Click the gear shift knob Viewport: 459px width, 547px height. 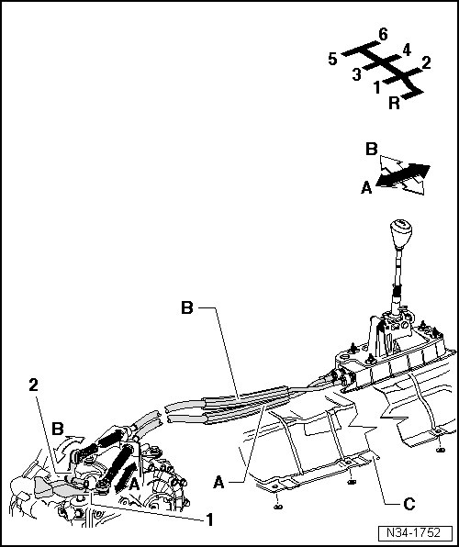pyautogui.click(x=401, y=234)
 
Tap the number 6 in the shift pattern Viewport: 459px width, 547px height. pyautogui.click(x=383, y=35)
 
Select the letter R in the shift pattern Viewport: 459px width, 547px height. pyautogui.click(x=394, y=104)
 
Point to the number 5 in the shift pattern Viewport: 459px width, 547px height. pyautogui.click(x=332, y=59)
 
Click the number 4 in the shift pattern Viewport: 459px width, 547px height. pyautogui.click(x=407, y=50)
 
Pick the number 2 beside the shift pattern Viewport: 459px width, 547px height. pyautogui.click(x=426, y=62)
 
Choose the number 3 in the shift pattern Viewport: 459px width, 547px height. pyautogui.click(x=356, y=74)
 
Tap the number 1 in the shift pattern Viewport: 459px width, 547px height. pyautogui.click(x=377, y=87)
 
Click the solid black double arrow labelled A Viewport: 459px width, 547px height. pyautogui.click(x=402, y=175)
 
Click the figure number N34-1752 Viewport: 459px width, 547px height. pyautogui.click(x=414, y=532)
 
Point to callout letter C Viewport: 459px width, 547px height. pyautogui.click(x=409, y=504)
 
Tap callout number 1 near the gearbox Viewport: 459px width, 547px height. pyautogui.click(x=209, y=519)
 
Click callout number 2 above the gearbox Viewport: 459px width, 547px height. pyautogui.click(x=34, y=385)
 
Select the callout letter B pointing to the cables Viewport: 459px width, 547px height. pyautogui.click(x=187, y=307)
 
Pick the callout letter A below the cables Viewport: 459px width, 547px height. pyautogui.click(x=218, y=483)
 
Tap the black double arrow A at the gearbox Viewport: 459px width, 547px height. pyautogui.click(x=126, y=477)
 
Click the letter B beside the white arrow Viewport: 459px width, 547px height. pyautogui.click(x=372, y=149)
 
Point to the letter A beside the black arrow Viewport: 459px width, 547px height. pyautogui.click(x=366, y=188)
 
